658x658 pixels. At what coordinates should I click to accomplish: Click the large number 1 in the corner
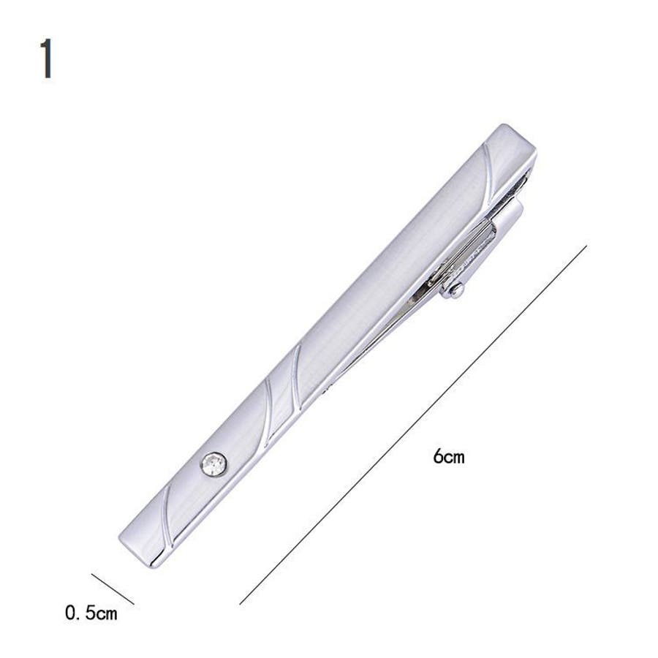tap(47, 58)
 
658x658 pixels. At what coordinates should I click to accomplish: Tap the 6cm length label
tap(449, 456)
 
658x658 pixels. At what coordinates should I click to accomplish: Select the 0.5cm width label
tap(91, 613)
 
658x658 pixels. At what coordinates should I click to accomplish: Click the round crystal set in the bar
tap(214, 464)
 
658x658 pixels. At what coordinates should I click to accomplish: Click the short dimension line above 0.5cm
tap(113, 589)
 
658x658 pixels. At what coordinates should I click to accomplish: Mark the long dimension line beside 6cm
tap(413, 425)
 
